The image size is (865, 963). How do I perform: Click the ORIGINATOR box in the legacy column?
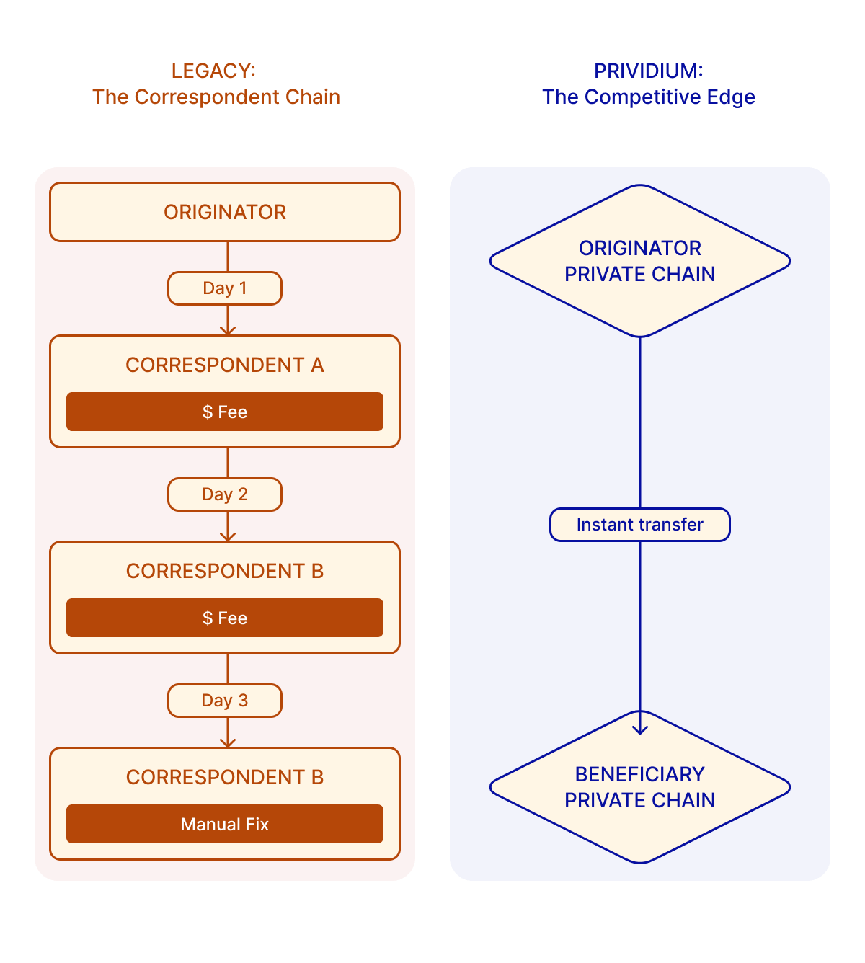pos(225,212)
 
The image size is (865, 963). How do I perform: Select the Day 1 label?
pos(225,288)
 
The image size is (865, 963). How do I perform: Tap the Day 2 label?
pos(225,494)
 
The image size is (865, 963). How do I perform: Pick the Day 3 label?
pos(225,701)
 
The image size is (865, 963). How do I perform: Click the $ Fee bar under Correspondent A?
pos(225,412)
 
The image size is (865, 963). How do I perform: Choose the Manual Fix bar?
pos(225,824)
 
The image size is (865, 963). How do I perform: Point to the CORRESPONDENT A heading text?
pos(225,365)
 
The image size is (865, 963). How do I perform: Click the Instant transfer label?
pos(640,525)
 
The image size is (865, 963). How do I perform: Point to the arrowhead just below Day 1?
pos(228,330)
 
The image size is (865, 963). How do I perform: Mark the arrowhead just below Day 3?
pos(228,742)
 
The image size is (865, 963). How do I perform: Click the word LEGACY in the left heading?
pos(213,71)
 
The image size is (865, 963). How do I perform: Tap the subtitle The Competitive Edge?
pos(649,97)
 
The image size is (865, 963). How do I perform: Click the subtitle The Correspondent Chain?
pos(216,97)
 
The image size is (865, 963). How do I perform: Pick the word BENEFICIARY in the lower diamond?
pos(640,774)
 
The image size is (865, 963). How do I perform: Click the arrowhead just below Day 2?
pos(228,536)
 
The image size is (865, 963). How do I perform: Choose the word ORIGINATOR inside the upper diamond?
pos(640,248)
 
